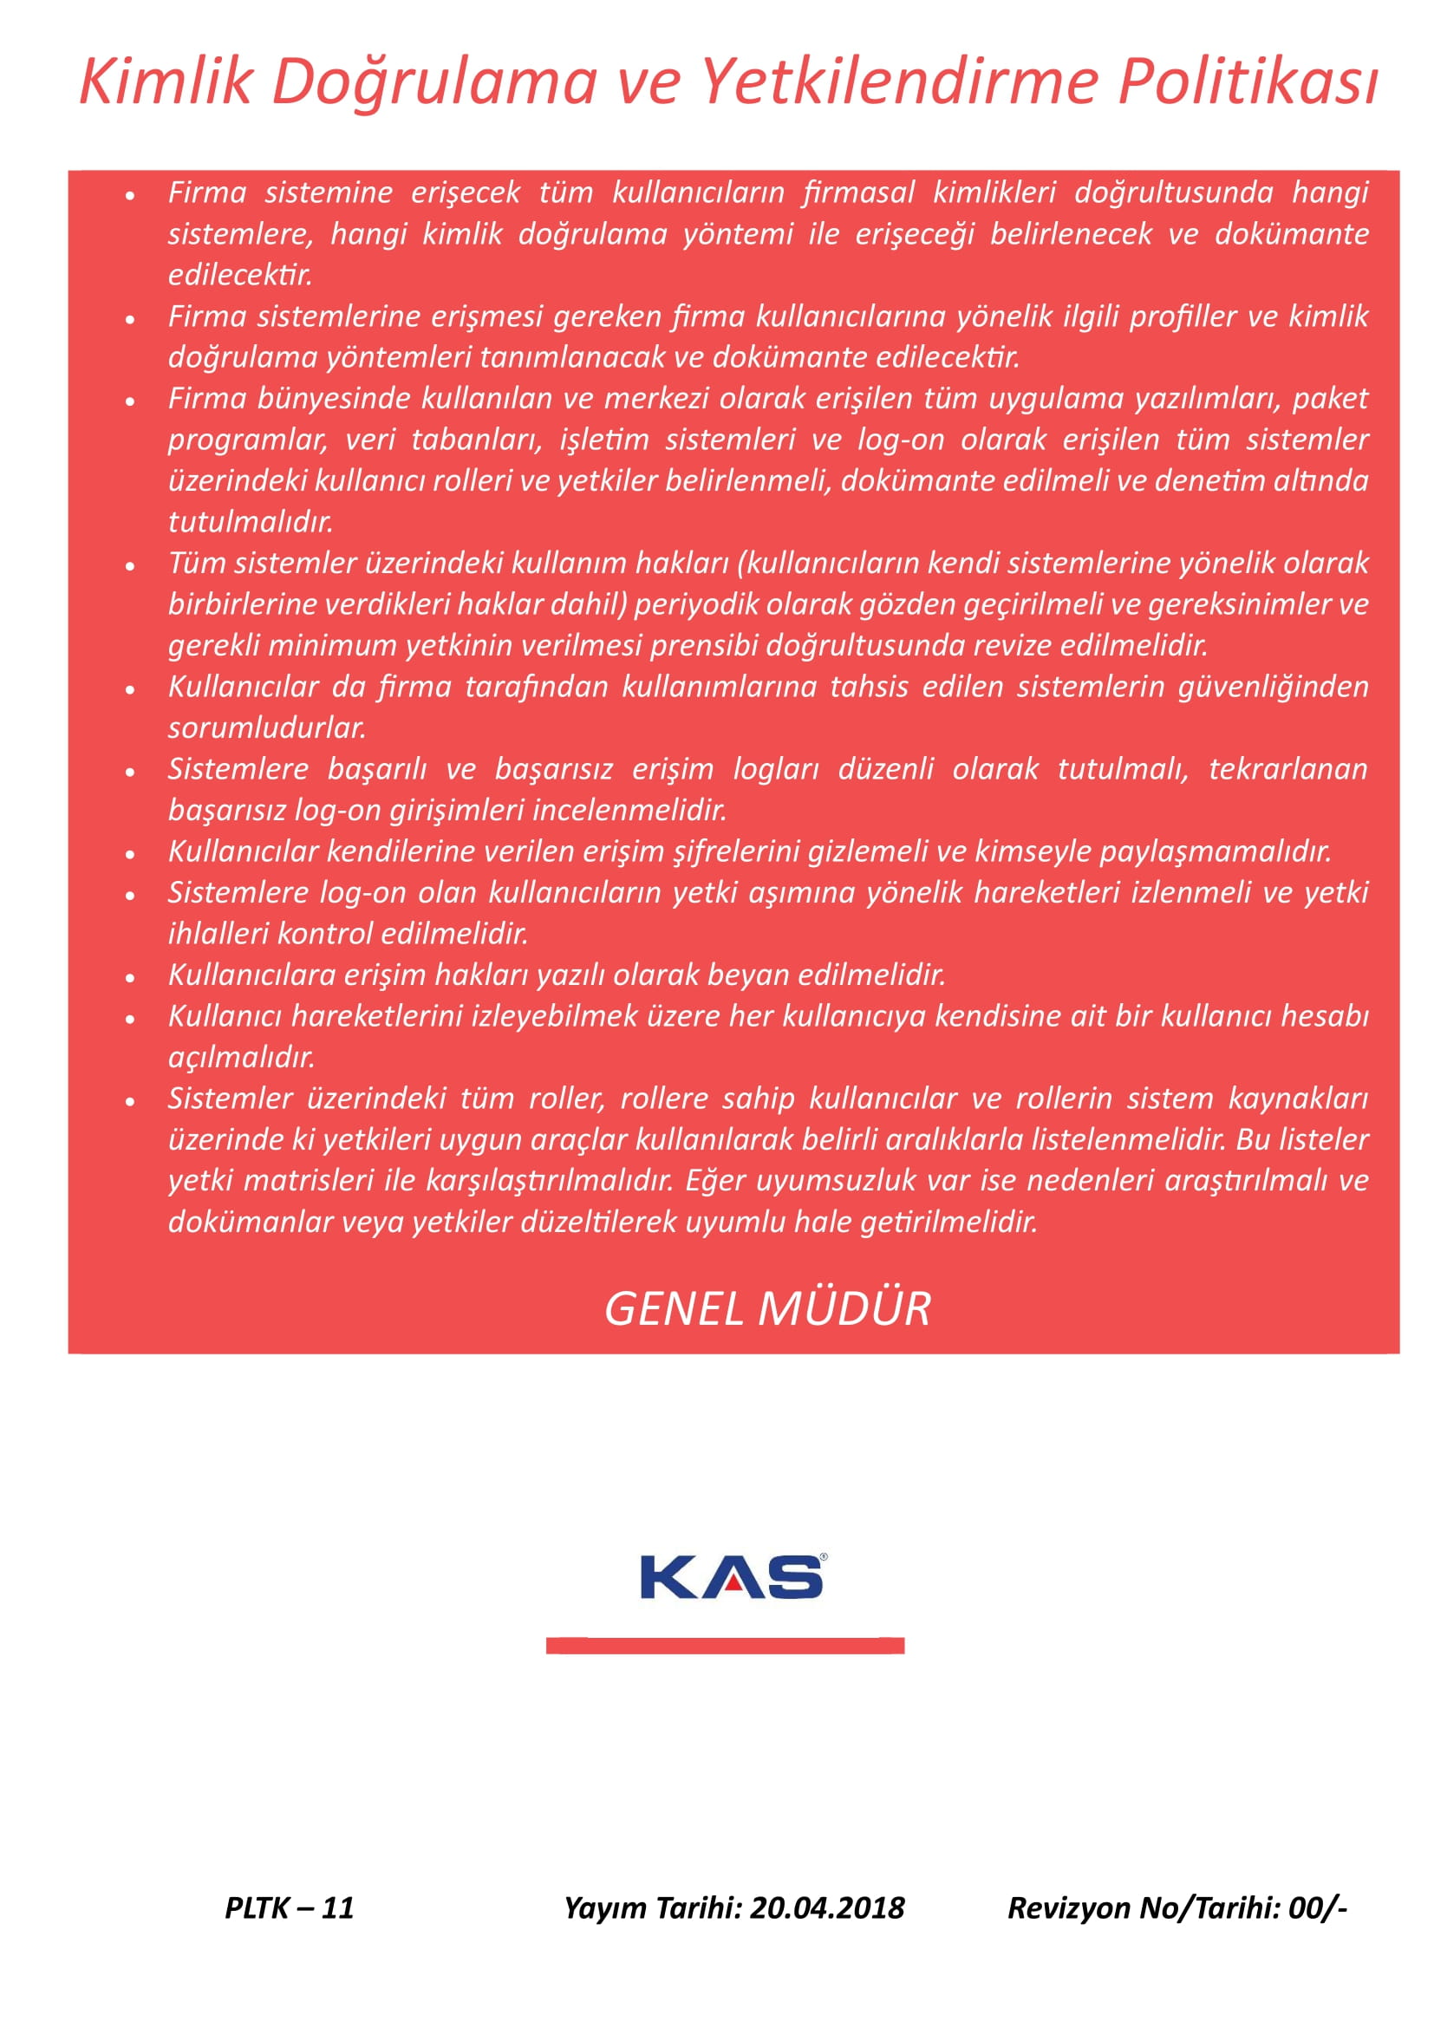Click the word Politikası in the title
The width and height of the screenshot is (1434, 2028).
1247,82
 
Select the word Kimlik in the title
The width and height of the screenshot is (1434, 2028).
166,82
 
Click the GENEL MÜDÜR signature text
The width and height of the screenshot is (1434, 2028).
767,1309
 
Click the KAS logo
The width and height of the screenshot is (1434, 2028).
733,1577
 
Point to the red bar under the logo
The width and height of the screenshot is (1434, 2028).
725,1646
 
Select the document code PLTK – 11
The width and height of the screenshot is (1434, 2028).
289,1907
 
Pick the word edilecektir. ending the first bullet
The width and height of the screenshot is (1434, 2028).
240,275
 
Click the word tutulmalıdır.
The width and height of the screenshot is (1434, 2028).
251,522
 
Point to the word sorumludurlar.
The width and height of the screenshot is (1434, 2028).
267,727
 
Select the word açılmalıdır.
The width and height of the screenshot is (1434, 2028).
241,1057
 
